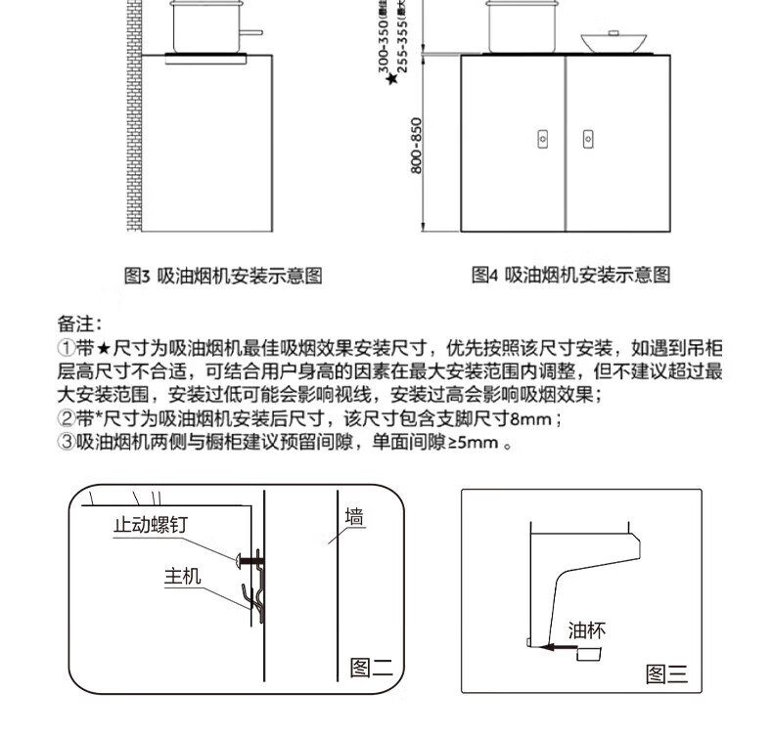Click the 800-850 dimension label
pos(416,147)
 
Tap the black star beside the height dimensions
pos(391,79)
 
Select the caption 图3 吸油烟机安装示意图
pos(223,277)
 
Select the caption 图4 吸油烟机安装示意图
pos(571,277)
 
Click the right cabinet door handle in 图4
pos(587,140)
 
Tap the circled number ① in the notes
pos(66,348)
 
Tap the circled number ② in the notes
pos(66,419)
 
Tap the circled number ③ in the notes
pos(66,443)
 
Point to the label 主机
pos(182,576)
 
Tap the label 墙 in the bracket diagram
pos(355,518)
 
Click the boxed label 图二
pos(371,670)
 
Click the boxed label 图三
pos(667,673)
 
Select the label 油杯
pos(587,630)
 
